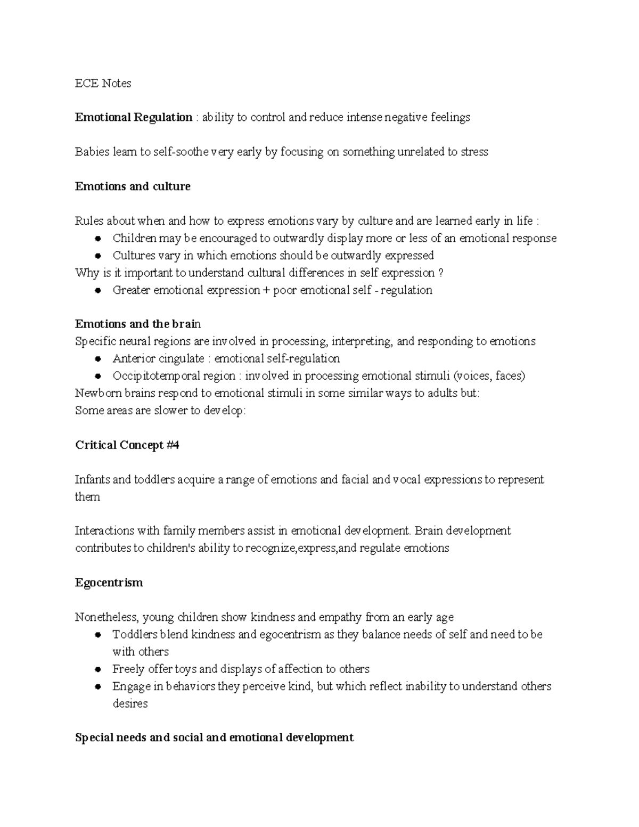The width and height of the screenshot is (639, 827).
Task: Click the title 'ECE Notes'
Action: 103,83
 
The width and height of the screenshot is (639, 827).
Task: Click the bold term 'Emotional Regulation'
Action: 134,117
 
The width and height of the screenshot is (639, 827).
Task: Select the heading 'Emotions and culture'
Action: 133,186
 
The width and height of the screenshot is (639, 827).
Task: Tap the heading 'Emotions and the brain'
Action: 138,324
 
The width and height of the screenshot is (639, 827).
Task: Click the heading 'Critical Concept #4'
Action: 127,445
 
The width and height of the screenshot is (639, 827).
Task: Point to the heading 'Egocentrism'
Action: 109,583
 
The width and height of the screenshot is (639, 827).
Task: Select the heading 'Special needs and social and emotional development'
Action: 214,738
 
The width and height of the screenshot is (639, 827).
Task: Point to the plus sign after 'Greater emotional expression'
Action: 266,290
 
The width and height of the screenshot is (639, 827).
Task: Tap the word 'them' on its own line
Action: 87,497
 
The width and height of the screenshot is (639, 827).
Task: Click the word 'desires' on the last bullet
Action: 130,703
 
